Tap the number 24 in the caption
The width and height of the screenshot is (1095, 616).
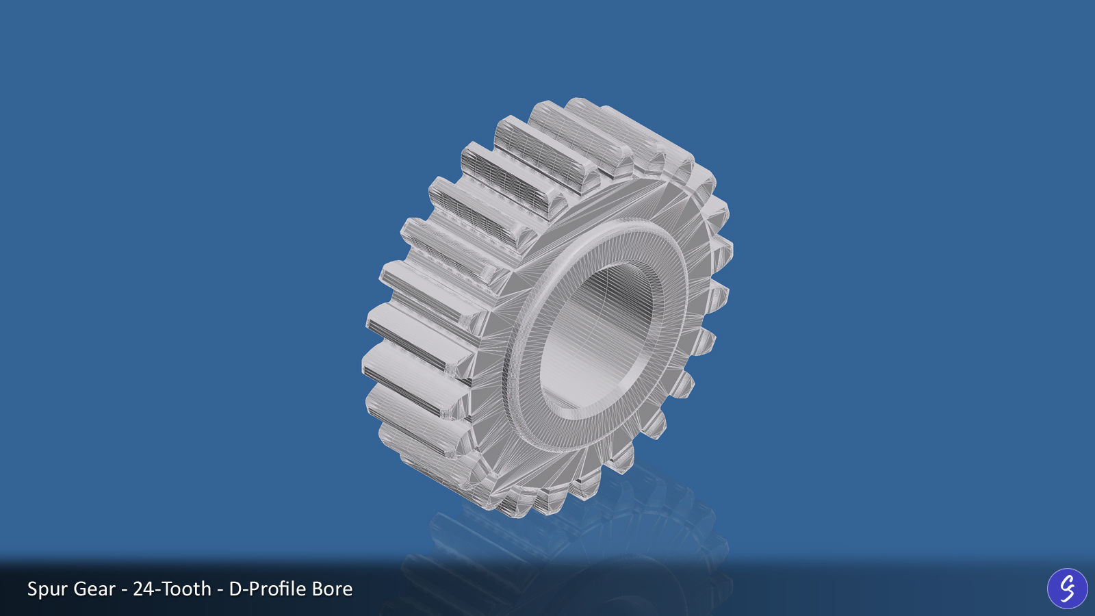tap(144, 589)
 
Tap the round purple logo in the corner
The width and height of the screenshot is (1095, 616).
tap(1067, 588)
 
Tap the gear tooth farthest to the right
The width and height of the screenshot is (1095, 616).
tap(722, 250)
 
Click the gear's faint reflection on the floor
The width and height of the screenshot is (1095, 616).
tap(582, 548)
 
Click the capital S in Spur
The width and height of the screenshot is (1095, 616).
tap(32, 589)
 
